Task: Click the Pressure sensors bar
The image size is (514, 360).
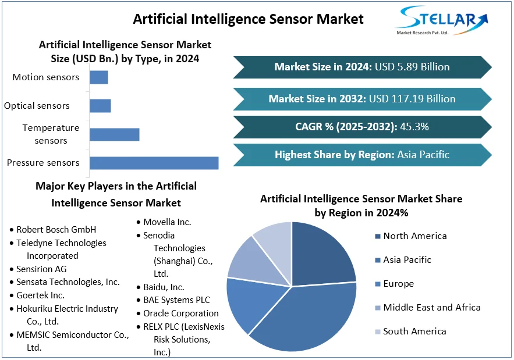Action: point(154,163)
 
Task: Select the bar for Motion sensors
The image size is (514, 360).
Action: point(99,77)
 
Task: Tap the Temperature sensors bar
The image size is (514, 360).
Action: point(115,134)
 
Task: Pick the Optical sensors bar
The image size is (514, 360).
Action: point(100,106)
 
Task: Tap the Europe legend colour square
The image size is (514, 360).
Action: point(378,284)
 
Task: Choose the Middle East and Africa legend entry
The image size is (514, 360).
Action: point(428,308)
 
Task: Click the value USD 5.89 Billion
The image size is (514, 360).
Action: point(412,67)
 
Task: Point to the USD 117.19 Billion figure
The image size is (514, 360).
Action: point(412,99)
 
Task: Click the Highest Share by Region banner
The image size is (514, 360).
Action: point(362,155)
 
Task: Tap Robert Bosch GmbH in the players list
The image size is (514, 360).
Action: point(56,230)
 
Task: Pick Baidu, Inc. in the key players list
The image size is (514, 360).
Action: point(164,287)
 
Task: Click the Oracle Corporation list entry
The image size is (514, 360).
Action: point(181,313)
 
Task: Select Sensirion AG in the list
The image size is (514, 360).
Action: point(41,269)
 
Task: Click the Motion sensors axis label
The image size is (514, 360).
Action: point(46,77)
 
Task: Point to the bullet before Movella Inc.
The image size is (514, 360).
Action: point(139,222)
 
